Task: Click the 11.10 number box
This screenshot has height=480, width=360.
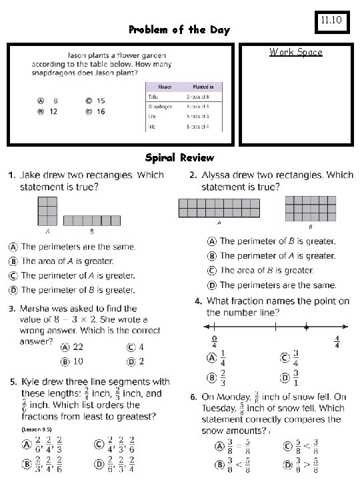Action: coord(331,21)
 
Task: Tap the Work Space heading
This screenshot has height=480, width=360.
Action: coord(295,52)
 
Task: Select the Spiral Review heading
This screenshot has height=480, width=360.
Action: coord(179,157)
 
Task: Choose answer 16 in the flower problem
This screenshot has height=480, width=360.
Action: coord(99,112)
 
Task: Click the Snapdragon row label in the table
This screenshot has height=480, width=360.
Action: coord(160,106)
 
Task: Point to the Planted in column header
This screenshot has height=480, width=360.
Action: coord(203,87)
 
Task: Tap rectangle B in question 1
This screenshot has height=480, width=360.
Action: coord(92,219)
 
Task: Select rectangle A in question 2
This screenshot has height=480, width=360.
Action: coord(219,209)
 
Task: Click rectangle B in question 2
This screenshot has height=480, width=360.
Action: coord(311,209)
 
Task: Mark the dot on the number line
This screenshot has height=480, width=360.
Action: coord(305,327)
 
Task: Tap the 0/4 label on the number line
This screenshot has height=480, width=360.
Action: coord(213,342)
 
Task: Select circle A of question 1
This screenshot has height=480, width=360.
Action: coord(13,247)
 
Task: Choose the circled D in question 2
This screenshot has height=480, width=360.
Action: coord(211,285)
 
